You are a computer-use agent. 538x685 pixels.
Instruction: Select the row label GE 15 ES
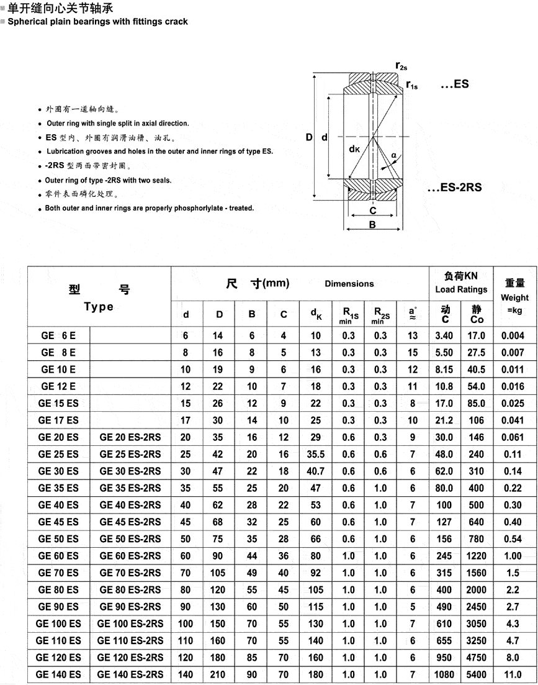58,404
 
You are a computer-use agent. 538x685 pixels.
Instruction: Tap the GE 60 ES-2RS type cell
130,556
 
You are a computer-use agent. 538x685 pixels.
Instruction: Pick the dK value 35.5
316,454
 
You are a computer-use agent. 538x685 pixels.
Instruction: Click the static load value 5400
477,674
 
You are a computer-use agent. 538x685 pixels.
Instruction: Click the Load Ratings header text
461,289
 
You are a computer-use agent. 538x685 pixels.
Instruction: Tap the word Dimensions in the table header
349,284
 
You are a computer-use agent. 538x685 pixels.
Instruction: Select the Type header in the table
99,307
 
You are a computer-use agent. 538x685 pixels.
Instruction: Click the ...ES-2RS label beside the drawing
455,187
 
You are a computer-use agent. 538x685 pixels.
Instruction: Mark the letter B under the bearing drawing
372,225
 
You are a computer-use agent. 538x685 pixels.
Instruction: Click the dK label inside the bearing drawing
354,149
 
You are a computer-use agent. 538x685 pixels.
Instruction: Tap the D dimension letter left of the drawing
309,137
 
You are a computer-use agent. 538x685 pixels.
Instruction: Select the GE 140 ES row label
58,674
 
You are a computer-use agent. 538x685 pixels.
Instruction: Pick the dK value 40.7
316,471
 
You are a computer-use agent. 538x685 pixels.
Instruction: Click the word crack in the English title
176,21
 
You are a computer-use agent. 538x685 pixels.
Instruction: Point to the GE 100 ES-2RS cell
130,624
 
